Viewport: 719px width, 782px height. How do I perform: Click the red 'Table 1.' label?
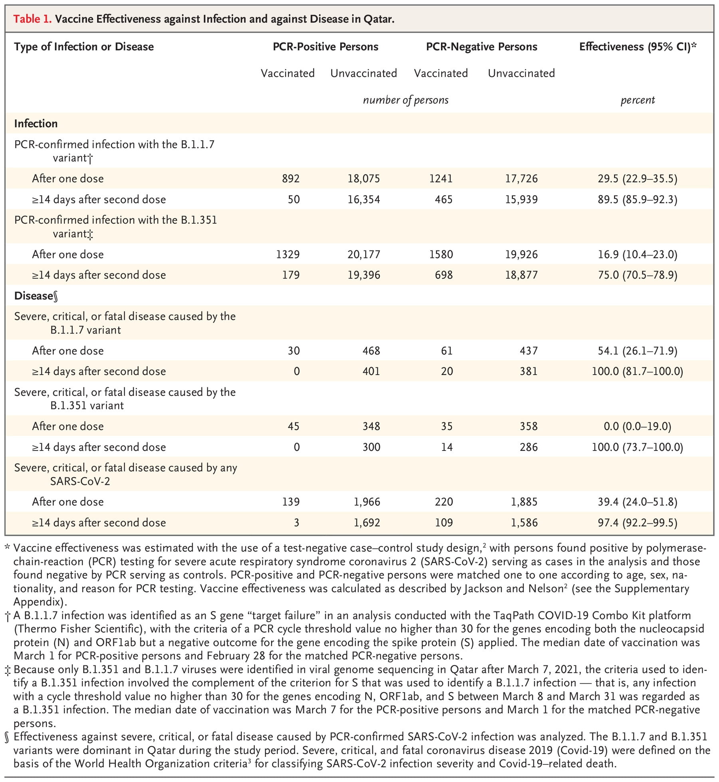32,19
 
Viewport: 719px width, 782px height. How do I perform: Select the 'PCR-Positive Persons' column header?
325,47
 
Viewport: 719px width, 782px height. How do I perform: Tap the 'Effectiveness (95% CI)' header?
638,47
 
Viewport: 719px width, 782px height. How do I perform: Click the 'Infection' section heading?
36,123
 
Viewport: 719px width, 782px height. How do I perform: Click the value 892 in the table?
290,179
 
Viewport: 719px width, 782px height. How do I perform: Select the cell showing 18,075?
363,179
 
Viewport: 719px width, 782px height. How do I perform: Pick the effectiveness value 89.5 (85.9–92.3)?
637,199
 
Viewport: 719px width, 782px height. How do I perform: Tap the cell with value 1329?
288,254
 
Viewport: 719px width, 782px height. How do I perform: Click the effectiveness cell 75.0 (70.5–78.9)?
637,275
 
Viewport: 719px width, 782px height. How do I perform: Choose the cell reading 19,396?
363,275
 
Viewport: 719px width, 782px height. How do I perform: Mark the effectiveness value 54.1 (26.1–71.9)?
637,351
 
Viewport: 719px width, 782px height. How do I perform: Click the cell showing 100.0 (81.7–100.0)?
637,371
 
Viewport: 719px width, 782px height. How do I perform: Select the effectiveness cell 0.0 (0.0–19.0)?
637,426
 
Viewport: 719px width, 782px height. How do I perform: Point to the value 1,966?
367,502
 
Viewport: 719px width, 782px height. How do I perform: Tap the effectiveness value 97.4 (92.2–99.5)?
637,522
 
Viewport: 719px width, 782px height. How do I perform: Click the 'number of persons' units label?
405,100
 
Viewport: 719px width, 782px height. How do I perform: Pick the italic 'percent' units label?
638,100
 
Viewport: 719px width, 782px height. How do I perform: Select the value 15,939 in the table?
521,199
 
